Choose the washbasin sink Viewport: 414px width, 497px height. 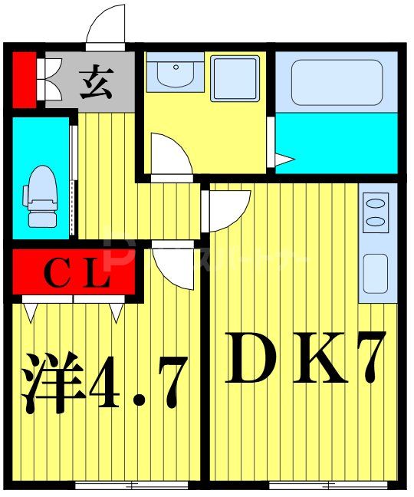175,74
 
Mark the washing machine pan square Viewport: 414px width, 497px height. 235,77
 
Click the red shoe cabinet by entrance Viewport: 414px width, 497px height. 24,78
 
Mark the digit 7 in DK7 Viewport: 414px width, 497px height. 360,357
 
